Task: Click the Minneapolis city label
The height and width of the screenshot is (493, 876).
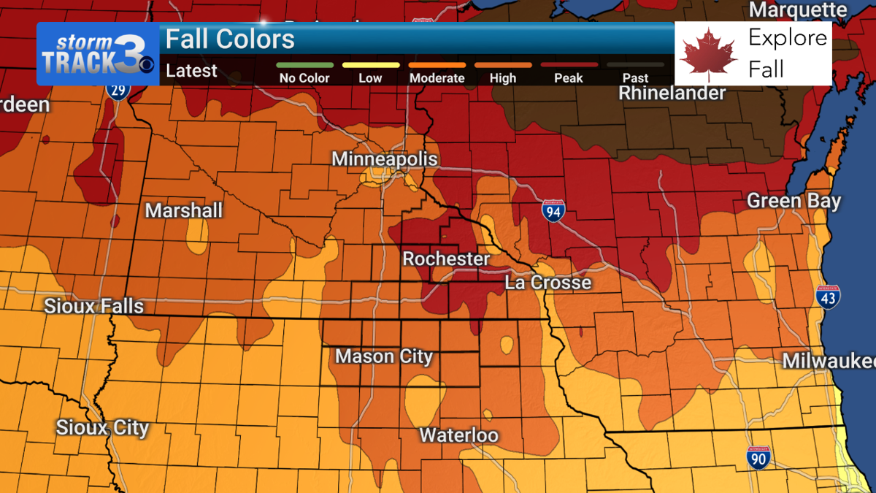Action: tap(385, 159)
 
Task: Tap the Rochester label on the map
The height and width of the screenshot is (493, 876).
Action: tap(446, 259)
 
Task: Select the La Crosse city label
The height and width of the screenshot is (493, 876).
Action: tap(547, 283)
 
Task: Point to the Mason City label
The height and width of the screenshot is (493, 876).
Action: tap(384, 356)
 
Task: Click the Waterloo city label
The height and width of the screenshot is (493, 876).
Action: tap(458, 436)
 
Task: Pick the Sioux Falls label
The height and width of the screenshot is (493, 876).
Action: tap(94, 305)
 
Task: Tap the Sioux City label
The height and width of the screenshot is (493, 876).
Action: tap(102, 427)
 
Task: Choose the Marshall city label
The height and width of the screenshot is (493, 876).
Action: tap(184, 211)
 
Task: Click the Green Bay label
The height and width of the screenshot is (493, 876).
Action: tap(794, 201)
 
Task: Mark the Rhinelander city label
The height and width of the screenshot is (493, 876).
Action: tap(672, 93)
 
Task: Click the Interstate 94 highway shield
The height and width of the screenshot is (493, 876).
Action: tap(553, 211)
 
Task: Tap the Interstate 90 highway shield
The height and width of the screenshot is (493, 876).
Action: tap(758, 457)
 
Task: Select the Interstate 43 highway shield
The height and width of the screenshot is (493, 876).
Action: tap(828, 296)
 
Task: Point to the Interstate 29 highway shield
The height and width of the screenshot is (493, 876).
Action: tap(115, 91)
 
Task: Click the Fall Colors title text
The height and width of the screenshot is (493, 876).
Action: tap(231, 39)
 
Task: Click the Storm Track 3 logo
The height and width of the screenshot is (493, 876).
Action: tap(97, 54)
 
